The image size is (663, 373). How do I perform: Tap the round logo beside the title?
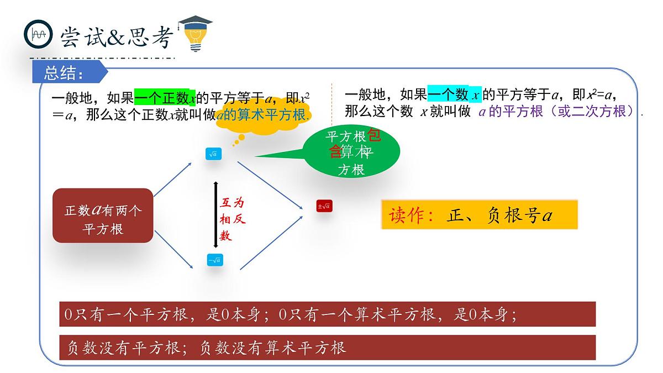click(38, 34)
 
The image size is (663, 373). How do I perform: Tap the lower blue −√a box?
click(214, 260)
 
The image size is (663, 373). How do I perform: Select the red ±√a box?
click(324, 206)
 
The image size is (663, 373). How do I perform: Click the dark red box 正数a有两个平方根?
click(103, 216)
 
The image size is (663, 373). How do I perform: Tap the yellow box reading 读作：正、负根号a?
click(479, 215)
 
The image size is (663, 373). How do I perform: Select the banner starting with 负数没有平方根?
click(327, 347)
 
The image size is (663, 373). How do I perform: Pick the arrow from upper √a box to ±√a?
click(271, 185)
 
